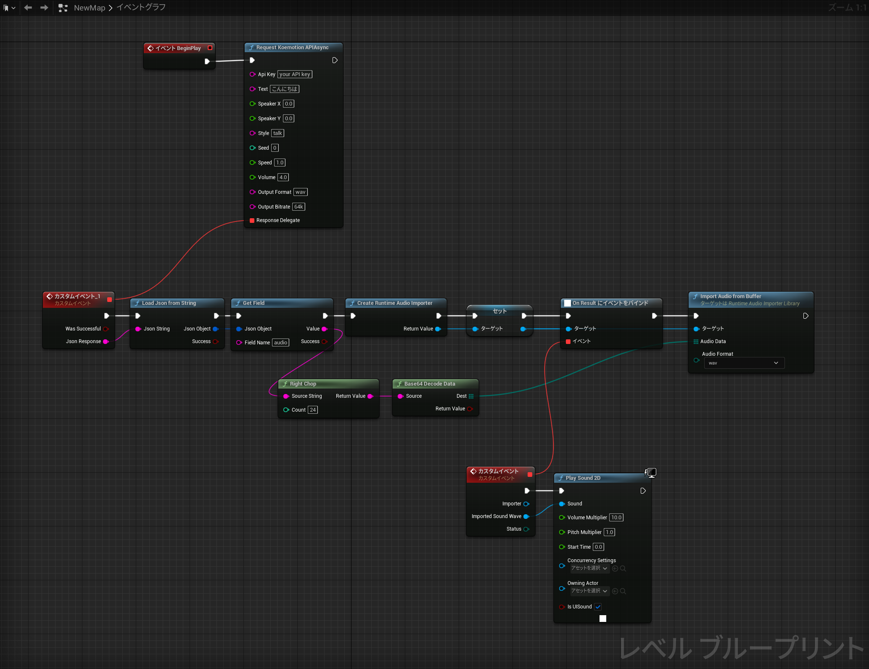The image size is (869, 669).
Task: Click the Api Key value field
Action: pos(294,74)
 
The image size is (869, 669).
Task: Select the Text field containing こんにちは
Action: pos(285,89)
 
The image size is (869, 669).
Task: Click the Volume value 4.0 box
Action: pos(283,177)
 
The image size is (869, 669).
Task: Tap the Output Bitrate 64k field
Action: pos(298,207)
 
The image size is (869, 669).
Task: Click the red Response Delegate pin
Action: pos(252,220)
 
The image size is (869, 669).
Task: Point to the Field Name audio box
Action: pos(280,343)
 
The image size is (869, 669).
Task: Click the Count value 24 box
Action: pos(312,410)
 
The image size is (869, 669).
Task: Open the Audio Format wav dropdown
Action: pos(744,363)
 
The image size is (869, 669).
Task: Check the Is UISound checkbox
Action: pos(598,607)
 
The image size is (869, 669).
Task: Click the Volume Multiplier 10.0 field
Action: pos(616,518)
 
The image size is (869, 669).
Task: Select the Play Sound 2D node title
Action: pos(583,478)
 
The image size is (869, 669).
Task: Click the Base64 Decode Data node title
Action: pos(429,384)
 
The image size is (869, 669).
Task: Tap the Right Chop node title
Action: pos(303,384)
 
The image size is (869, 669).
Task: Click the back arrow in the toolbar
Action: pos(28,8)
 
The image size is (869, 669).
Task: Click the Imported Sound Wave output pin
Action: pos(526,516)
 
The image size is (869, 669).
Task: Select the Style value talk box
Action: pos(277,133)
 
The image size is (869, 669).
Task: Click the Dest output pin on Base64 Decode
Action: pos(471,396)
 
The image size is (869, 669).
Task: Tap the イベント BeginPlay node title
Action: pos(178,48)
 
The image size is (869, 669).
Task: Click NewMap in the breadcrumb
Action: pos(89,8)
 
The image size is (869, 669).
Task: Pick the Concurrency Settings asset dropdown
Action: pos(589,568)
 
